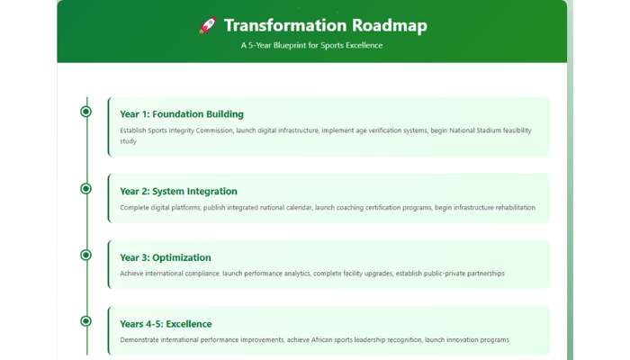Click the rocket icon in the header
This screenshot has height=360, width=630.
pos(208,25)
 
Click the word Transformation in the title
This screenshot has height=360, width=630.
pos(285,25)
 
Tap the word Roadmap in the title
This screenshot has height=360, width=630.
pos(390,26)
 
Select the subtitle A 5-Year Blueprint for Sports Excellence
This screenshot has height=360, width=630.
pos(311,45)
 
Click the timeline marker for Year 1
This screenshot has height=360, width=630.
pos(85,112)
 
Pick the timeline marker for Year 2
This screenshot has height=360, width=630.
pos(85,188)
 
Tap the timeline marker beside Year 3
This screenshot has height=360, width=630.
pos(85,255)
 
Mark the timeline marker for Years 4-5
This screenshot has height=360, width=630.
pos(85,321)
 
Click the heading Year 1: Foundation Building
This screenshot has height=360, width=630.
pos(182,114)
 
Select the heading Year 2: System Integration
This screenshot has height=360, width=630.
pos(178,191)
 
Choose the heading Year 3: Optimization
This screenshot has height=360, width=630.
pos(165,257)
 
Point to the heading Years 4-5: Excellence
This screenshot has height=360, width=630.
pos(166,324)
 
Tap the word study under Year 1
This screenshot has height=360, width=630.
pos(128,141)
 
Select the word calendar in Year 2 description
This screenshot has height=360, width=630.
pos(299,208)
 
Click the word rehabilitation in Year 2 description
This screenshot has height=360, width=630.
pos(515,208)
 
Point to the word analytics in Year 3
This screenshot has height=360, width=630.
pos(297,274)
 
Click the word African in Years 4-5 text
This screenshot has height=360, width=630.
pos(321,340)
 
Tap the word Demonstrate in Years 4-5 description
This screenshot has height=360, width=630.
pos(139,340)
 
